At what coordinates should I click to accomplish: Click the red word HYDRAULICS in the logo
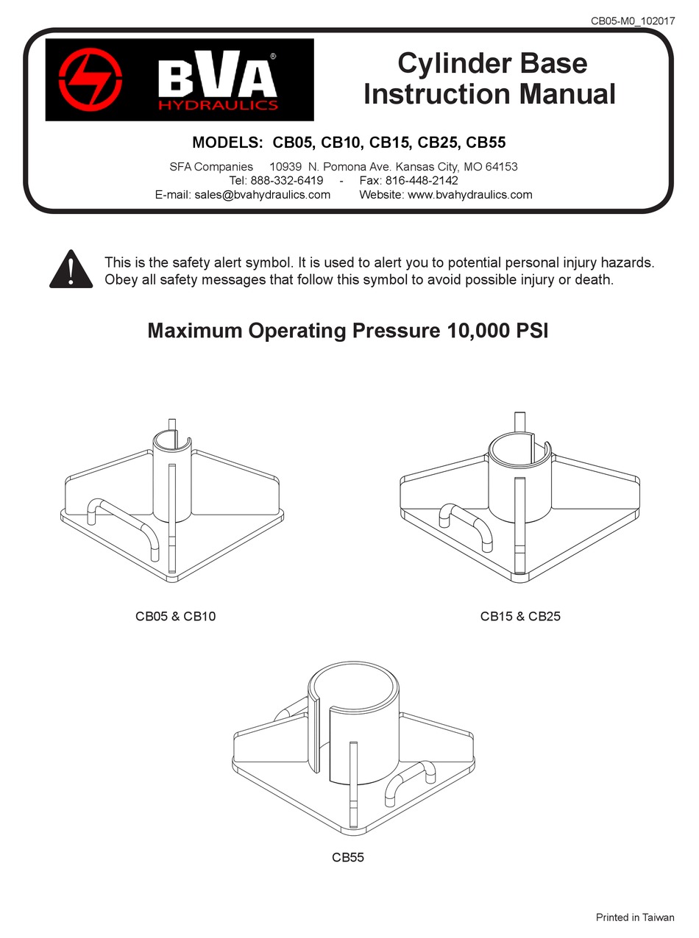click(219, 104)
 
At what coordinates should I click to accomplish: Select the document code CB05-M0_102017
click(633, 21)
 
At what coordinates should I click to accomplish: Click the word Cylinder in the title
click(450, 63)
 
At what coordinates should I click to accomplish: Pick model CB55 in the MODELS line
click(486, 142)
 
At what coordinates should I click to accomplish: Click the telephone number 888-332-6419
click(286, 181)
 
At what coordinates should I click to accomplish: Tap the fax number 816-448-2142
click(422, 181)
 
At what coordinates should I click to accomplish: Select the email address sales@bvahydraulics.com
click(263, 195)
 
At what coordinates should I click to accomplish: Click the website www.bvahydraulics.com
click(469, 195)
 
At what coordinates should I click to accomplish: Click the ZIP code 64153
click(501, 167)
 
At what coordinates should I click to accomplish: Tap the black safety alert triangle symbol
click(71, 269)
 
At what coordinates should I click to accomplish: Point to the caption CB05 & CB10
click(175, 616)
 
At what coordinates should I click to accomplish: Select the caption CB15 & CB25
click(520, 616)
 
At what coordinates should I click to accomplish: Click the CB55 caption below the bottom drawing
click(348, 857)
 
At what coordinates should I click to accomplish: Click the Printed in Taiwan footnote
click(634, 917)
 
